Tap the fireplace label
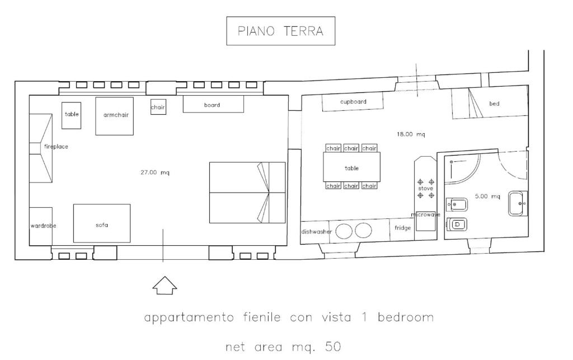pyautogui.click(x=56, y=147)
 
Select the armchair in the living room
pyautogui.click(x=114, y=116)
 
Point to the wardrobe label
pyautogui.click(x=44, y=226)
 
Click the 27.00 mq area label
pyautogui.click(x=155, y=172)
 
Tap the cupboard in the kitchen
pyautogui.click(x=353, y=101)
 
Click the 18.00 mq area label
pyautogui.click(x=411, y=134)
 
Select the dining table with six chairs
pyautogui.click(x=351, y=167)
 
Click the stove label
pyautogui.click(x=426, y=189)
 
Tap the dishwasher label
pyautogui.click(x=317, y=232)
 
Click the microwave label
pyautogui.click(x=425, y=215)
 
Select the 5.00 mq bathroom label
pyautogui.click(x=487, y=197)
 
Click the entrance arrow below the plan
pyautogui.click(x=165, y=285)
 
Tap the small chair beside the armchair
pyautogui.click(x=158, y=107)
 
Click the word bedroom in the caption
pyautogui.click(x=406, y=317)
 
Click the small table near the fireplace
pyautogui.click(x=71, y=115)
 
